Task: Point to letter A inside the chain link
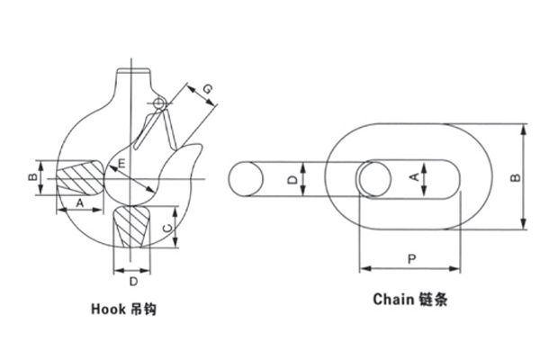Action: [x=415, y=177]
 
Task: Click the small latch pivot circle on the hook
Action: [x=159, y=104]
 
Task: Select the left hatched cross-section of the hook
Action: [x=77, y=175]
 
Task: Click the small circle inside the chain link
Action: [x=373, y=177]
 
